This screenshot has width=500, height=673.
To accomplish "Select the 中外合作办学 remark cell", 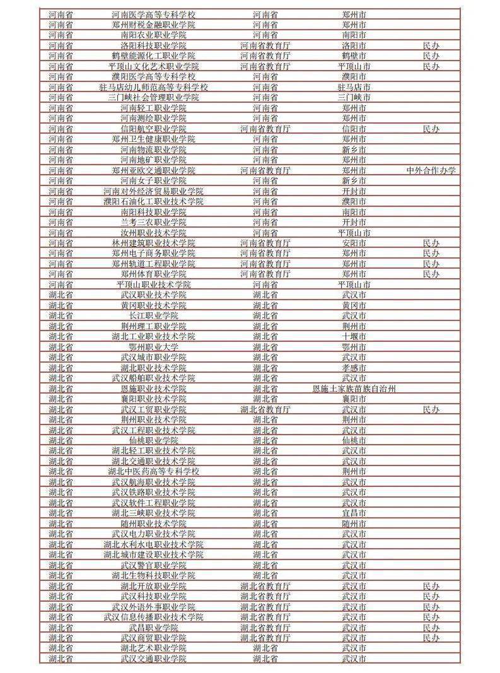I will click(x=431, y=170).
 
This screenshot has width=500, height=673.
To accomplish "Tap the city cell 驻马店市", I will click(x=354, y=87).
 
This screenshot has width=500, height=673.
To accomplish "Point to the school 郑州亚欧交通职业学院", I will click(x=153, y=170).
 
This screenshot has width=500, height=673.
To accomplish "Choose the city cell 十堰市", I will click(x=354, y=337).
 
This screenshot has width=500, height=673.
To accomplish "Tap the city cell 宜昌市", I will click(x=354, y=513).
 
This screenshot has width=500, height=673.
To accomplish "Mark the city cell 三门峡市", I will click(x=354, y=98).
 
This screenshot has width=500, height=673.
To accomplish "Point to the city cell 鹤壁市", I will click(x=354, y=56).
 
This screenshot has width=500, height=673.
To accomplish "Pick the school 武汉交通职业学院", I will click(x=153, y=659).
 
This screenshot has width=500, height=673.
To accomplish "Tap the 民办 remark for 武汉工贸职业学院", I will click(x=431, y=409).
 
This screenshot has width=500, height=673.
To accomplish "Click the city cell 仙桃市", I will click(x=354, y=440).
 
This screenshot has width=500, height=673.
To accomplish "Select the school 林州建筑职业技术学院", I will click(x=153, y=243).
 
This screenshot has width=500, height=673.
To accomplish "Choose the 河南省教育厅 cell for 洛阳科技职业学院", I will click(x=265, y=45).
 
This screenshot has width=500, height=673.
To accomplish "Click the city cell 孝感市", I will click(x=354, y=368).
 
